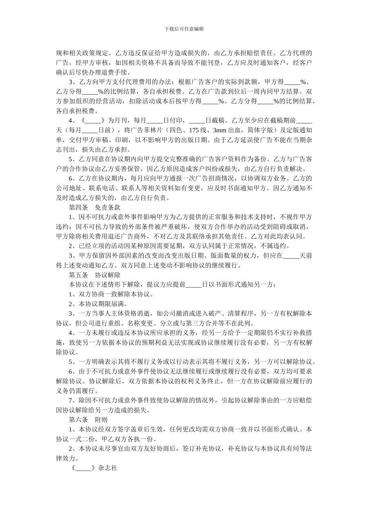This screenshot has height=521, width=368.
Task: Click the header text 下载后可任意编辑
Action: pos(184,29)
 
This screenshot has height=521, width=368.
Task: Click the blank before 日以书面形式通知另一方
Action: pos(194,285)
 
